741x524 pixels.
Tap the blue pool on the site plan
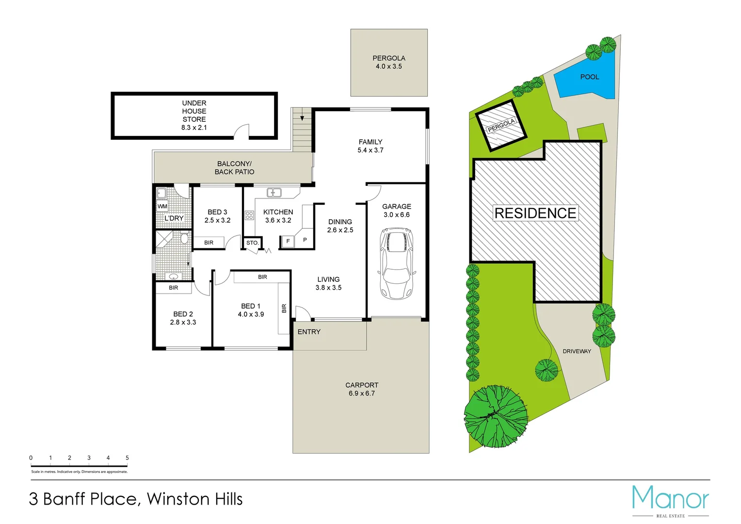(x=586, y=78)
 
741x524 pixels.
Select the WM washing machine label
(x=162, y=206)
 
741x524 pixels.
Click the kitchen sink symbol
(x=274, y=193)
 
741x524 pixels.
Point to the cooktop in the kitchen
(x=249, y=215)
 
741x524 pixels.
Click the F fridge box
(x=288, y=241)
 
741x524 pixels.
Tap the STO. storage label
(x=252, y=243)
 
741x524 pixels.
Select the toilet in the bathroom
(x=184, y=238)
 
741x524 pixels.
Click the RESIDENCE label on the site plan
(x=535, y=213)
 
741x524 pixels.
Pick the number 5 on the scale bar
(x=127, y=458)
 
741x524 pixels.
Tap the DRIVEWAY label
(x=577, y=351)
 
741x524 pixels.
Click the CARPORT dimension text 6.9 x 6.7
(x=361, y=393)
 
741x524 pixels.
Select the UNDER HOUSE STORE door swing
(x=241, y=131)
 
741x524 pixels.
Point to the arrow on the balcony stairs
(x=302, y=117)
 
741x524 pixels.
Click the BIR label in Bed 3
(x=209, y=243)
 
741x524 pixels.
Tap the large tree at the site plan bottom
(x=495, y=416)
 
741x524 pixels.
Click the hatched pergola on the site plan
(x=500, y=125)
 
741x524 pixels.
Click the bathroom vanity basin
(x=173, y=277)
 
